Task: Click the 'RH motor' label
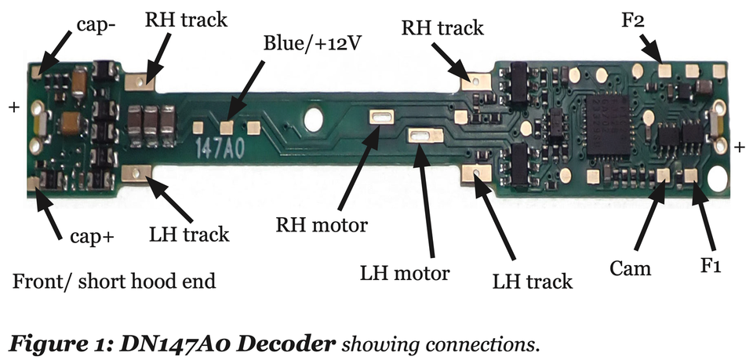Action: point(322,226)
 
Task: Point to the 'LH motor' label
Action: point(405,273)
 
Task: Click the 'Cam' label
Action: point(630,268)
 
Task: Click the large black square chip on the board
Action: point(609,125)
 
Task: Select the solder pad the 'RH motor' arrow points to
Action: point(383,118)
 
